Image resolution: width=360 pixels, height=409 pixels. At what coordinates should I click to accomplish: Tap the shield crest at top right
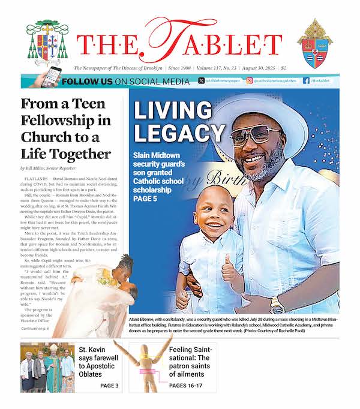click(x=315, y=43)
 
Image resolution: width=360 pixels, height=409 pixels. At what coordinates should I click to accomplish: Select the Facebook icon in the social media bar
click(x=306, y=80)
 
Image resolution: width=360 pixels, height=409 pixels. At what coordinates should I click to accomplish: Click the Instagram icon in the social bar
click(x=250, y=80)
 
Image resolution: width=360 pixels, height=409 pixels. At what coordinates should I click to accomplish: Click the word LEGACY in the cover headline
click(x=179, y=133)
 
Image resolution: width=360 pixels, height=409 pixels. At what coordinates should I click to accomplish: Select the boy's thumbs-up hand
click(x=230, y=274)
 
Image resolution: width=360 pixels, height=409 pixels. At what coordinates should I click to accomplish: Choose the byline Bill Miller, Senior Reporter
click(x=49, y=169)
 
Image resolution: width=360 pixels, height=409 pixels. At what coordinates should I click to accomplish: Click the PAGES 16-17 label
click(x=190, y=385)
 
